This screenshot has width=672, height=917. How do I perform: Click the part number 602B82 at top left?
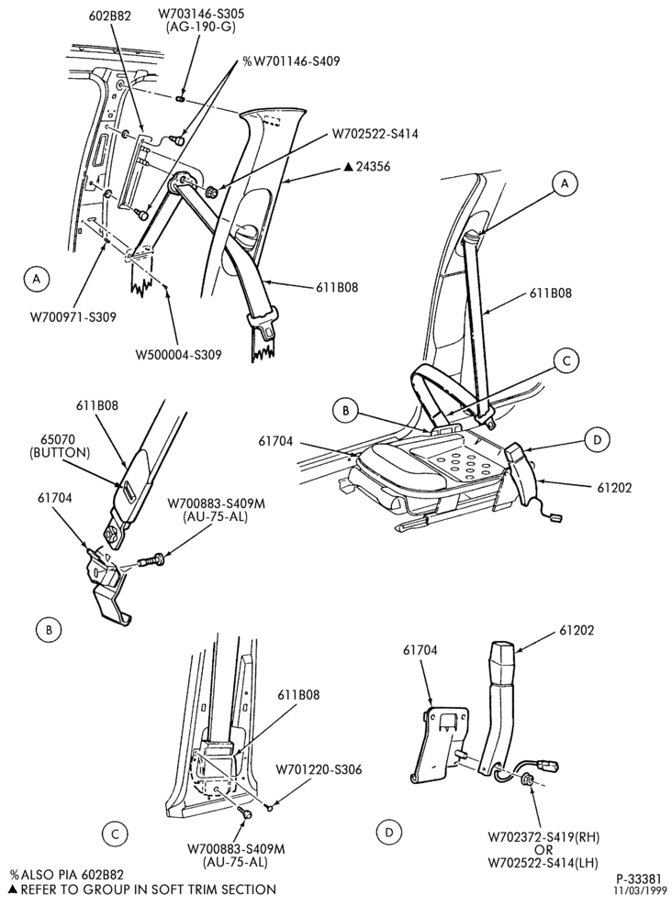click(x=111, y=17)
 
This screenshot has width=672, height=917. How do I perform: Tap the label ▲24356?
click(x=366, y=167)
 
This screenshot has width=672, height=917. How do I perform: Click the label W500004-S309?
click(x=178, y=354)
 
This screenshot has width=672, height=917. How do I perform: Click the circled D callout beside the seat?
click(x=597, y=439)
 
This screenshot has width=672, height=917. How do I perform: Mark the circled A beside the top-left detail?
click(x=37, y=279)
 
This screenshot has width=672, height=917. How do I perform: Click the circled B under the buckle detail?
click(x=50, y=629)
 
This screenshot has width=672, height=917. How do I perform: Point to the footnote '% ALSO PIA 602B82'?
click(x=67, y=875)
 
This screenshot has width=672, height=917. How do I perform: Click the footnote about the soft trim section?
click(x=143, y=890)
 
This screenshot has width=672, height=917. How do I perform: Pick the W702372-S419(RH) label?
click(x=543, y=837)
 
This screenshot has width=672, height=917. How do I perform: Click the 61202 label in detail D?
click(x=577, y=630)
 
